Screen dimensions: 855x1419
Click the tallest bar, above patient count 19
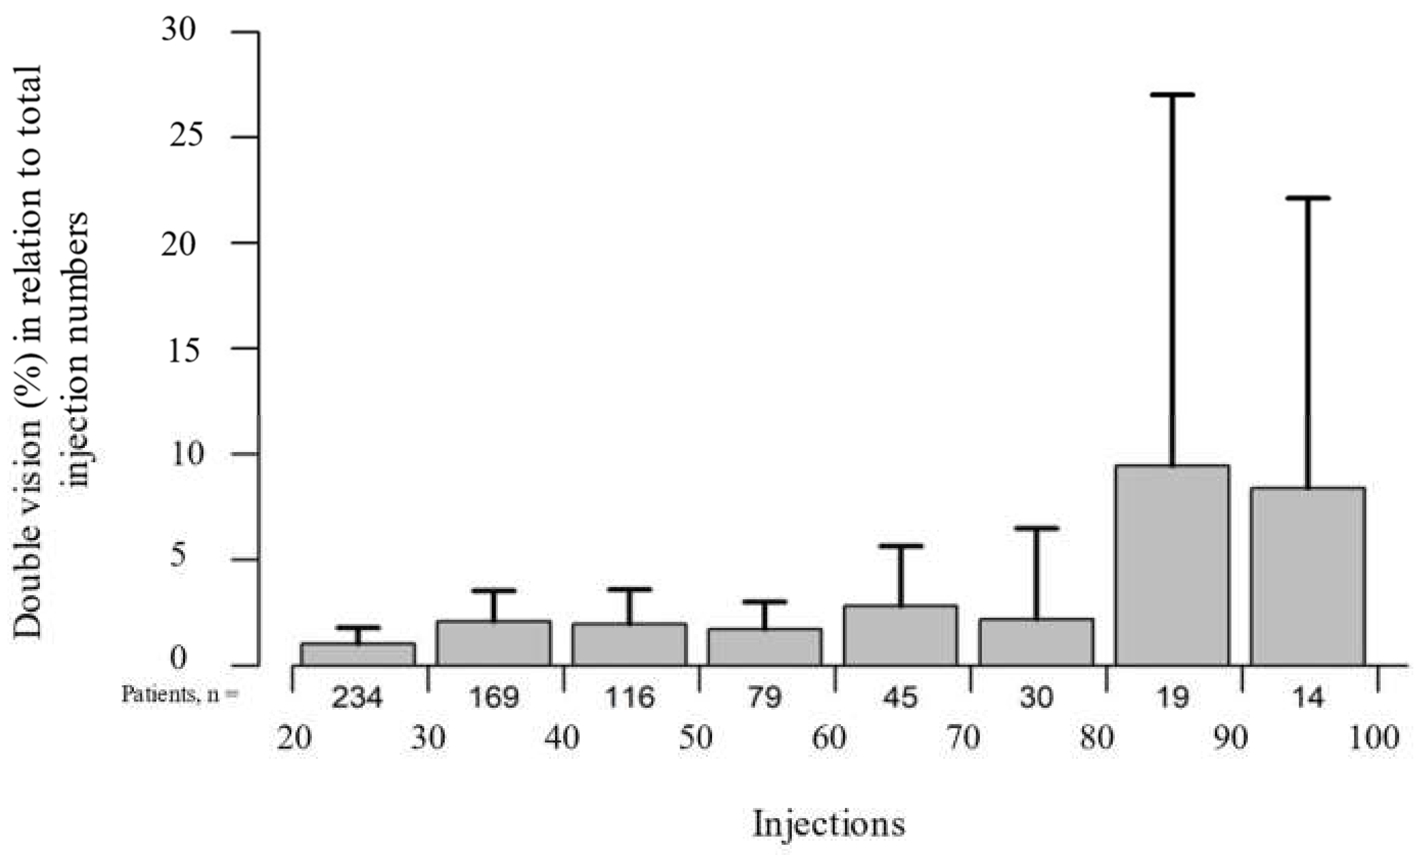point(1172,565)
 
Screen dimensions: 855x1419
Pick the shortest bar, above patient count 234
point(358,655)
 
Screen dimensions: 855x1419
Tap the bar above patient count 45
point(900,636)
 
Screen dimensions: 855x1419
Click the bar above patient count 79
point(765,647)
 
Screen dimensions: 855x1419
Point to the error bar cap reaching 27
point(1172,95)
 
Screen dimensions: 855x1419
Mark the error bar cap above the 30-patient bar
point(1036,528)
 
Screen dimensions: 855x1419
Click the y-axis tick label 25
point(186,136)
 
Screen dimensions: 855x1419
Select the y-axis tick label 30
point(178,29)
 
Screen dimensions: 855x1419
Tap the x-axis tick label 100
point(1374,737)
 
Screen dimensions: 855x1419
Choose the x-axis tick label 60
point(829,737)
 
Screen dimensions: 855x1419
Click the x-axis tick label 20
point(294,737)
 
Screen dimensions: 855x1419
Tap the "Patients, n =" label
point(179,695)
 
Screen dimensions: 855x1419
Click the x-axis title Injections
point(829,824)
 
